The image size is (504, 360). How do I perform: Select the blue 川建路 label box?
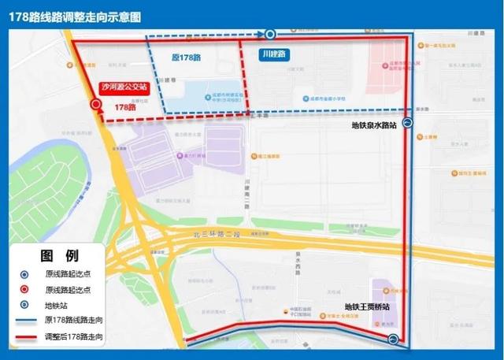click(274, 54)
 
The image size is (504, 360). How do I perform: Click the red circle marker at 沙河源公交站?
click(95, 104)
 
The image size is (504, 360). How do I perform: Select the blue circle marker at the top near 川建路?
click(269, 34)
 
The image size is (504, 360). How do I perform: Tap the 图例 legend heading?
click(59, 255)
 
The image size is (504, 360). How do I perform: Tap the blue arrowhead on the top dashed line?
click(259, 34)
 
